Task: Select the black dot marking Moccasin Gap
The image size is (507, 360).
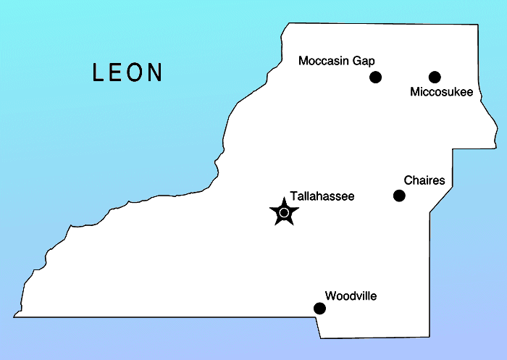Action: [x=375, y=77]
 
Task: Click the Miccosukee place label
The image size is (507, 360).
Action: [x=441, y=91]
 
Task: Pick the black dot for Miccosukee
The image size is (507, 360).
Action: [x=435, y=77]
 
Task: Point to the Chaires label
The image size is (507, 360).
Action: [x=424, y=180]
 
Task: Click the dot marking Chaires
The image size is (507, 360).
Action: [x=399, y=196]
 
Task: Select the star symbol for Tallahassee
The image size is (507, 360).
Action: [x=284, y=212]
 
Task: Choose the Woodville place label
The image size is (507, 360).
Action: [x=351, y=296]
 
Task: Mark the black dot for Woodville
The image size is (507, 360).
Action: [x=319, y=309]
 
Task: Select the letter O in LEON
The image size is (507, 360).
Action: [x=135, y=72]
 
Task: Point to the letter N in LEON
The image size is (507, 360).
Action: [x=155, y=72]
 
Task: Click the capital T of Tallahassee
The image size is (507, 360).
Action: [x=293, y=196]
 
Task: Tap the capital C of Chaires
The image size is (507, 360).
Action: [x=408, y=180]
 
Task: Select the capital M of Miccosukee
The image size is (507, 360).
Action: [x=414, y=91]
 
